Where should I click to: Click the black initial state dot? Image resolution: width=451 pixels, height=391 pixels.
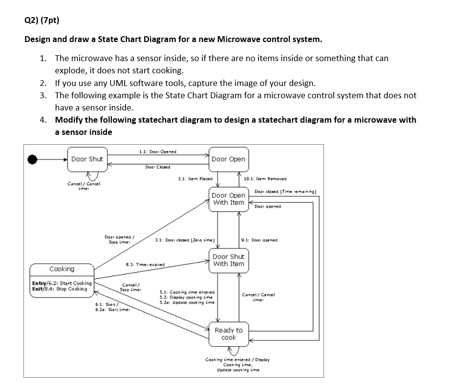33,159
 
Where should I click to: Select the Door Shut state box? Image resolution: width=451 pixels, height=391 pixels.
87,159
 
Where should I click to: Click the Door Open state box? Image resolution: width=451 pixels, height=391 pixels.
228,159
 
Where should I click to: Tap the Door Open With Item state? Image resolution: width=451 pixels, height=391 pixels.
228,199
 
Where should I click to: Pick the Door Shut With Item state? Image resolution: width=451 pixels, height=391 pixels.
228,260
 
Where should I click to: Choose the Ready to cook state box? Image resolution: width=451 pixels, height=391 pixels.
228,334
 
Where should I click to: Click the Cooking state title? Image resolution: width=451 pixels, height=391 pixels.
62,269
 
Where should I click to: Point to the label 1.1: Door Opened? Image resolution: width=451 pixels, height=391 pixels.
154,151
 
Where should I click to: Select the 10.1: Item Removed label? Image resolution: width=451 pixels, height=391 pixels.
265,179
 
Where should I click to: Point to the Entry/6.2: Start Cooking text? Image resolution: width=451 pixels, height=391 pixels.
62,283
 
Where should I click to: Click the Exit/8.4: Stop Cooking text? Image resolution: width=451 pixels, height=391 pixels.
60,289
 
